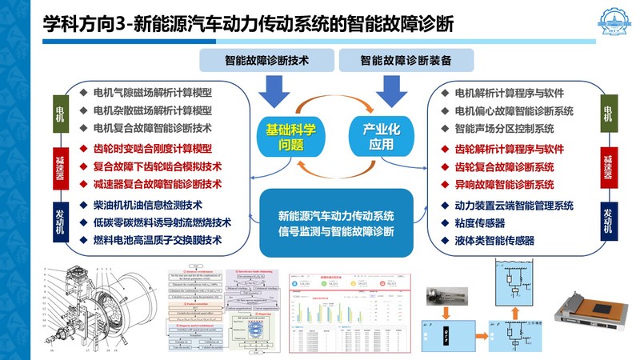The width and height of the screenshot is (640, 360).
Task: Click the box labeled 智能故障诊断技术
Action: (267, 60)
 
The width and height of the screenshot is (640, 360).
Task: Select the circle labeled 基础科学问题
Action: (286, 135)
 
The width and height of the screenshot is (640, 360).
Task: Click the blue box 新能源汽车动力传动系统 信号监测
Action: (336, 223)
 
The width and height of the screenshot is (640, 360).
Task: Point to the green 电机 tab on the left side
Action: (59, 112)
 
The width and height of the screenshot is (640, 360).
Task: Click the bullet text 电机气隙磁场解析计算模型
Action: (152, 92)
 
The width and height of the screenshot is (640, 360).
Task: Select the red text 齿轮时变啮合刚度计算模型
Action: (152, 148)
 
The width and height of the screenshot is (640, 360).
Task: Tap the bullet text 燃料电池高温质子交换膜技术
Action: (157, 239)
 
